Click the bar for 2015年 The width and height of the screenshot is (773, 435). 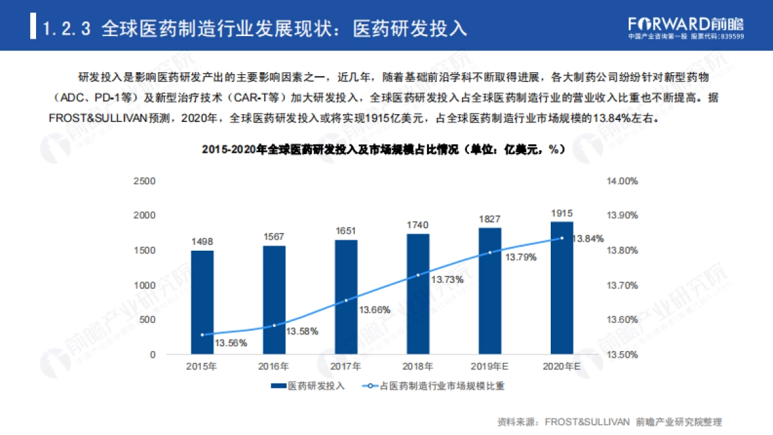tap(202, 302)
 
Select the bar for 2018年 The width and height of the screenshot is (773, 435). tap(418, 294)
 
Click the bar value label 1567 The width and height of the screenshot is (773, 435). tap(274, 237)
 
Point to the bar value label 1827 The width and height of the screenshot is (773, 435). tap(490, 219)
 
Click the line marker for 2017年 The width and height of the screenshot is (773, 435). tap(346, 300)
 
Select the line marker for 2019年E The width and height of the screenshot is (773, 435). tap(490, 253)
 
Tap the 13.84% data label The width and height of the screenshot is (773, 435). tap(588, 238)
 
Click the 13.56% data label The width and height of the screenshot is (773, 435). tap(231, 343)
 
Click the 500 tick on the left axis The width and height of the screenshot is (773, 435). tap(148, 320)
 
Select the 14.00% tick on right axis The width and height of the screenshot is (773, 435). tap(622, 181)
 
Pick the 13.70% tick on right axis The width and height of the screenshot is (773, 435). tap(622, 285)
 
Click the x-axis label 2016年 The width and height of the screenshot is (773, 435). tap(274, 367)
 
